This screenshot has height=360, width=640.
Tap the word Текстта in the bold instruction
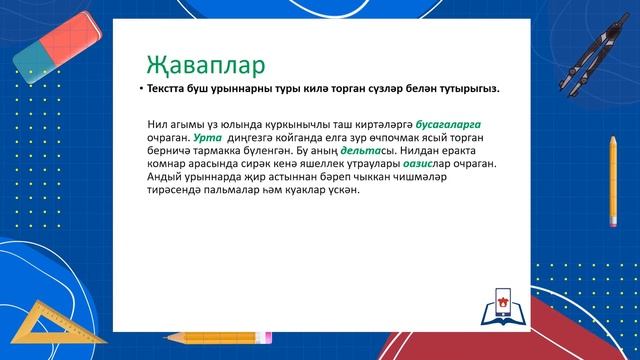(x=169, y=89)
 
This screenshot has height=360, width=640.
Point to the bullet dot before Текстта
(x=140, y=89)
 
